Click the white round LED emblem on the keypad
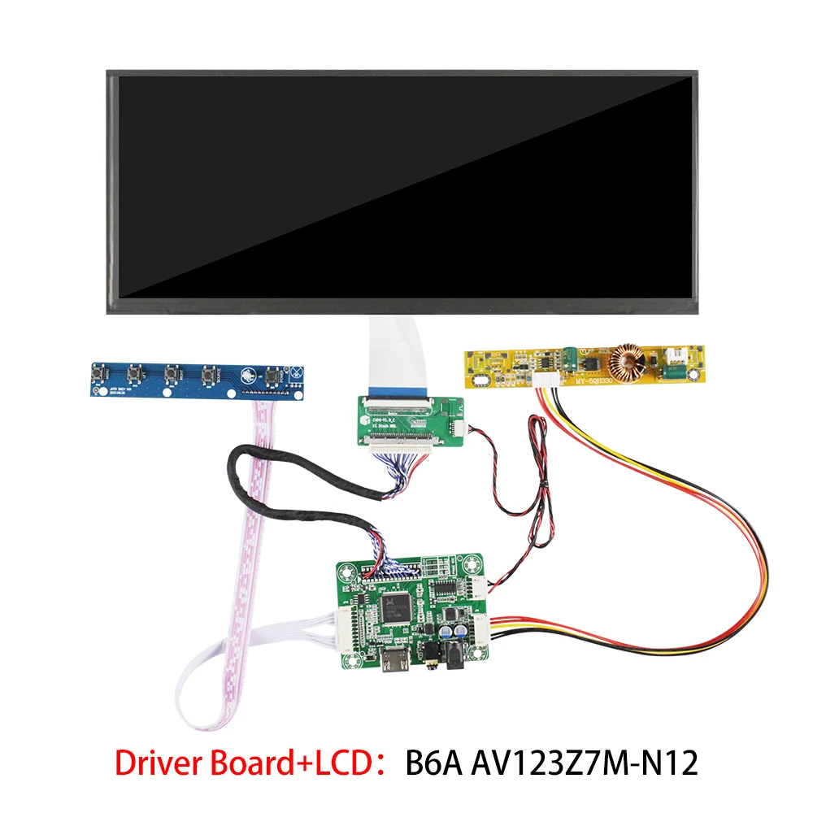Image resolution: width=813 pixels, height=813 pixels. pos(249,376)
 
